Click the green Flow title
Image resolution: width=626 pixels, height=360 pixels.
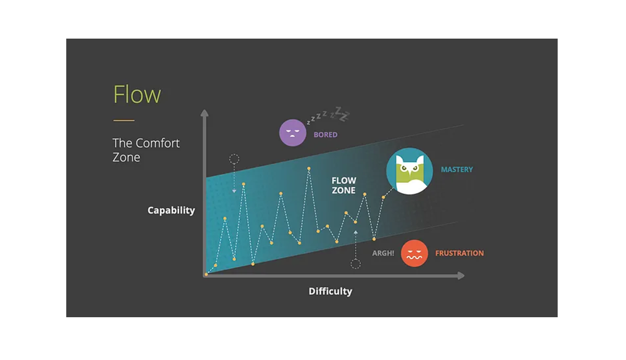[x=137, y=94]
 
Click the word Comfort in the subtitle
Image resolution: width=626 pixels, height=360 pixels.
[x=158, y=143]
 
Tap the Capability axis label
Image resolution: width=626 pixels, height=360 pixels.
[x=171, y=210]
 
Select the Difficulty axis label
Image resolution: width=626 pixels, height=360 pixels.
[x=330, y=291]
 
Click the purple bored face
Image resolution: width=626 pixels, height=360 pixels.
[x=293, y=133]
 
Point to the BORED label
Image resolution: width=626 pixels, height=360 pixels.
[x=326, y=135]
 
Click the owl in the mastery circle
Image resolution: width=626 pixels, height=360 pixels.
[x=410, y=174]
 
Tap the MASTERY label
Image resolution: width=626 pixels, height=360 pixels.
[x=457, y=170]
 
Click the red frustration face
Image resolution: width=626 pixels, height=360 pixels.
[x=414, y=253]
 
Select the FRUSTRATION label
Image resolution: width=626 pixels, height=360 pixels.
[x=460, y=253]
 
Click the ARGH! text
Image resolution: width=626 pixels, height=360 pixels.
[x=383, y=253]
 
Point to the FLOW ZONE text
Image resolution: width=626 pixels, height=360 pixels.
[x=344, y=185]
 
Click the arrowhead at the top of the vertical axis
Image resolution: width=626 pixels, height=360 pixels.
[x=204, y=113]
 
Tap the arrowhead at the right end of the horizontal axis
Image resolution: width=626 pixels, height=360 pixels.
[x=461, y=275]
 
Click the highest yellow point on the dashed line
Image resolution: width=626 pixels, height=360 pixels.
[x=309, y=169]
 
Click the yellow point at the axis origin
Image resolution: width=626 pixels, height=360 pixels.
[x=206, y=274]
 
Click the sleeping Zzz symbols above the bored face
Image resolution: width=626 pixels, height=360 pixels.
[x=328, y=115]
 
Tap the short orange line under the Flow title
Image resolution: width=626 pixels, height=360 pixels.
[x=124, y=121]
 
